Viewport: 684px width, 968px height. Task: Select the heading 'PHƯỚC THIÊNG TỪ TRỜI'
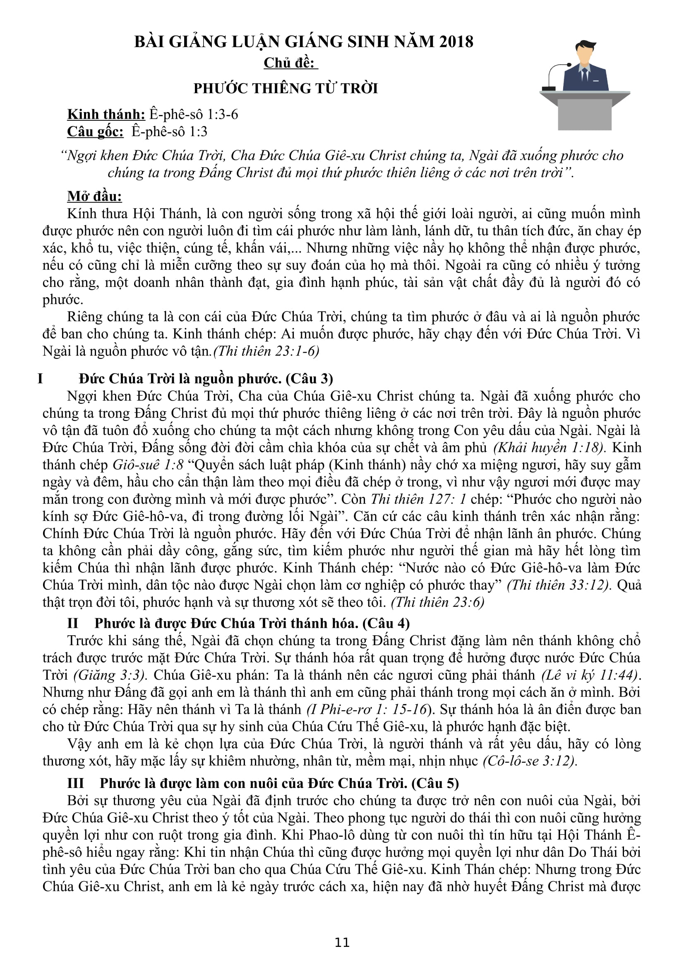click(x=286, y=89)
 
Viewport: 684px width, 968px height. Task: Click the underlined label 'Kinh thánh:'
click(x=106, y=114)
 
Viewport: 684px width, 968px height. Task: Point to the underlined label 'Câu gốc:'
click(x=95, y=132)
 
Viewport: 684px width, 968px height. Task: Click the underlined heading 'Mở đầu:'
click(x=94, y=196)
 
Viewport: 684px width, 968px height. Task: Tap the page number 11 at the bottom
click(x=342, y=942)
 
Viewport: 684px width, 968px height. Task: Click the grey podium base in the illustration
click(x=584, y=115)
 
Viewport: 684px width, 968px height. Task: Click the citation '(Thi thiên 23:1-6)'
click(x=266, y=351)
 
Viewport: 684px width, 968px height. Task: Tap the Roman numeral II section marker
click(x=73, y=623)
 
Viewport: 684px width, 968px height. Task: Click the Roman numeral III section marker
click(x=75, y=783)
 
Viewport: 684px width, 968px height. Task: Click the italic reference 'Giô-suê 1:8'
click(x=147, y=465)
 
